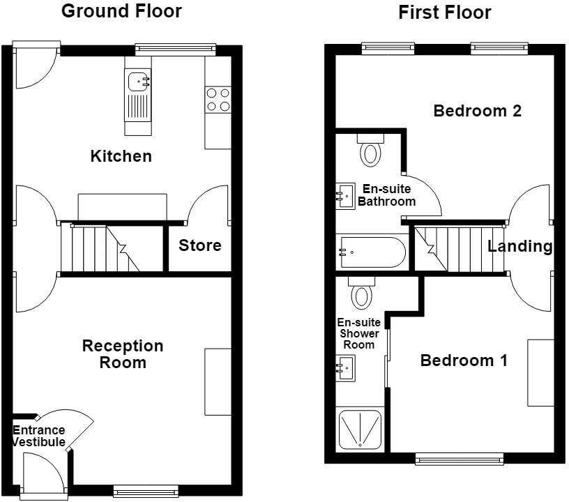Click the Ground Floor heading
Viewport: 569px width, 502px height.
pos(121,11)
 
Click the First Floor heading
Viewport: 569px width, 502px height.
pos(445,13)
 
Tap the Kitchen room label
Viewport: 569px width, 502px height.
pos(121,156)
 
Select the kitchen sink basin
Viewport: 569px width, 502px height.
pos(139,82)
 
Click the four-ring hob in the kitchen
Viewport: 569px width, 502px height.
pos(218,100)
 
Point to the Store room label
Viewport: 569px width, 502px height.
pos(200,245)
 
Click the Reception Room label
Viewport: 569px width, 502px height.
pos(123,354)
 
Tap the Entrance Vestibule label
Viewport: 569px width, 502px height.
pos(39,436)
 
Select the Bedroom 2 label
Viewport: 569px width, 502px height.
pos(477,111)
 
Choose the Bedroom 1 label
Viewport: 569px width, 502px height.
pos(464,360)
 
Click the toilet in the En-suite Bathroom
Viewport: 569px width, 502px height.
pos(370,150)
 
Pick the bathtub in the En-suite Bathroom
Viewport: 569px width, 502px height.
pos(371,252)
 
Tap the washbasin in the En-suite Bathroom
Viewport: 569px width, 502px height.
pos(345,196)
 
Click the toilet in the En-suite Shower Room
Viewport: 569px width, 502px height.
pos(362,293)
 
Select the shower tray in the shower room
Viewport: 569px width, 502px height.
pos(360,429)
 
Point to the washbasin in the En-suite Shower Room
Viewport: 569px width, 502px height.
pos(345,368)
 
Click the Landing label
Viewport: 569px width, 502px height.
pos(519,247)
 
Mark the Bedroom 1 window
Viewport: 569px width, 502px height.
pos(460,459)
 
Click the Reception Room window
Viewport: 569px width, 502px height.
pos(146,491)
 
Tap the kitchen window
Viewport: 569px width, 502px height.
pos(176,50)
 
